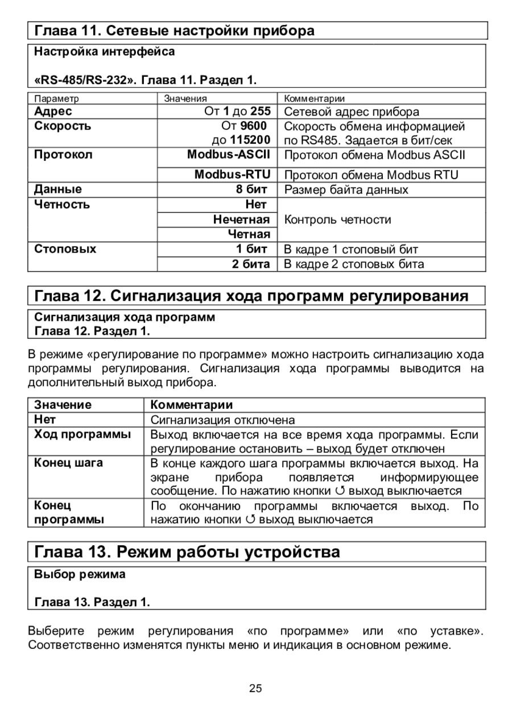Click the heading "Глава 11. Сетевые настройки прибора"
pos(174,30)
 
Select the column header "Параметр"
pos(56,98)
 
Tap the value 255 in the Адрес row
pos(260,111)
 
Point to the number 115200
pos(250,139)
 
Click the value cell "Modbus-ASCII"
pos(229,154)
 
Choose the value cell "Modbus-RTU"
pos(232,174)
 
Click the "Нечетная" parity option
pos(242,219)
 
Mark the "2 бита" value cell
pos(251,264)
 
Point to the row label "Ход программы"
pos(82,435)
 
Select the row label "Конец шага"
pos(69,463)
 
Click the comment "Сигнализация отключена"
pos(222,420)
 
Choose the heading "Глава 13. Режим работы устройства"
pos(187,552)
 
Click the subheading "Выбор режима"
pos(80,574)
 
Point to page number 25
pos(255,689)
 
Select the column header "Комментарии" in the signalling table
pos(192,405)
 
